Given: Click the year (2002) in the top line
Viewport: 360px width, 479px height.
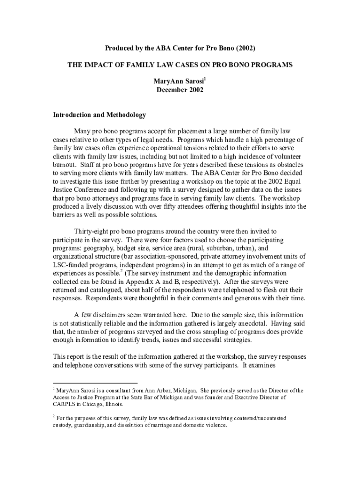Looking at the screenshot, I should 246,48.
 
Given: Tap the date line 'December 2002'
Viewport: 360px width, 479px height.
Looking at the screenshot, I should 180,90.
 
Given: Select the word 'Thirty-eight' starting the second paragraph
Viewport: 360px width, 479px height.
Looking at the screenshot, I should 92,231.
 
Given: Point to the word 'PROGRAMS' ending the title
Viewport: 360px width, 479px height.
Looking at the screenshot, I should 271,65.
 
